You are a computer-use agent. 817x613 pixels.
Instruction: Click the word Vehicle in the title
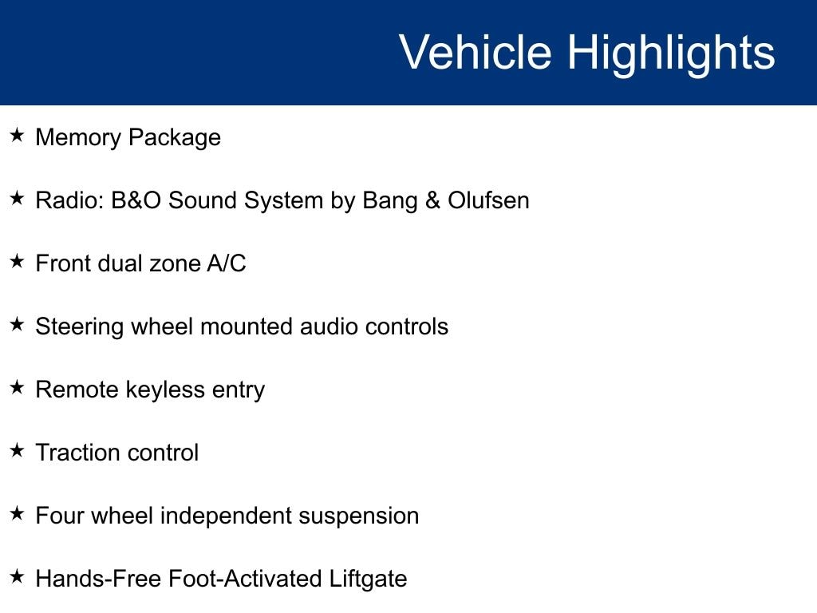476,52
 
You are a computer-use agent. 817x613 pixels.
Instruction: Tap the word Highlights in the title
671,55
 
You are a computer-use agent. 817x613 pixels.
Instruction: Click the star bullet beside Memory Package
18,135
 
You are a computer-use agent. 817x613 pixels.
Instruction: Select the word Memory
78,138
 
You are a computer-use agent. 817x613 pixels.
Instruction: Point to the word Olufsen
488,200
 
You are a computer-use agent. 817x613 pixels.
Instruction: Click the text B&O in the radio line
136,200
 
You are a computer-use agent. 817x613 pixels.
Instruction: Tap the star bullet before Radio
18,198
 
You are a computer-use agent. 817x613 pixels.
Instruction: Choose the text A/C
226,263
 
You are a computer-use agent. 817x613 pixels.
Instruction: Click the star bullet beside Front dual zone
18,261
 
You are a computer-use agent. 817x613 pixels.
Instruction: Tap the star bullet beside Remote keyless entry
18,387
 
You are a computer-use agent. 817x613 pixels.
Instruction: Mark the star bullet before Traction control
18,450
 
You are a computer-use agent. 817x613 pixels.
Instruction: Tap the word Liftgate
368,579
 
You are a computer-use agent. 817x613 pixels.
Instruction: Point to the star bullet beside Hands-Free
18,576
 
